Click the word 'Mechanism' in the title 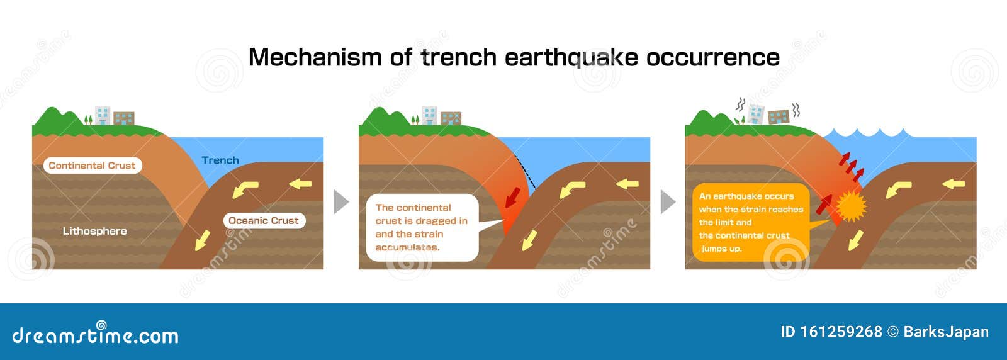point(315,57)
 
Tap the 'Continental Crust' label point(92,166)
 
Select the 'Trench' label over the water point(220,160)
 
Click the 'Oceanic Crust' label point(264,221)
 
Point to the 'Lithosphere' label point(94,231)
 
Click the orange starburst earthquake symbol point(851,206)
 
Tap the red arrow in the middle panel point(513,196)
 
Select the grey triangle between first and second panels point(340,202)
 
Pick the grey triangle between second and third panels point(667,202)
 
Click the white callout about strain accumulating point(422,228)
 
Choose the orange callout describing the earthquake point(750,222)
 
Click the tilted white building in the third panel point(756,114)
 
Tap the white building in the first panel point(103,115)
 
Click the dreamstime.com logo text point(95,335)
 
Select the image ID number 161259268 point(841,332)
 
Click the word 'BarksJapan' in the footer point(945,332)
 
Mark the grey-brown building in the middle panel point(451,118)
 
